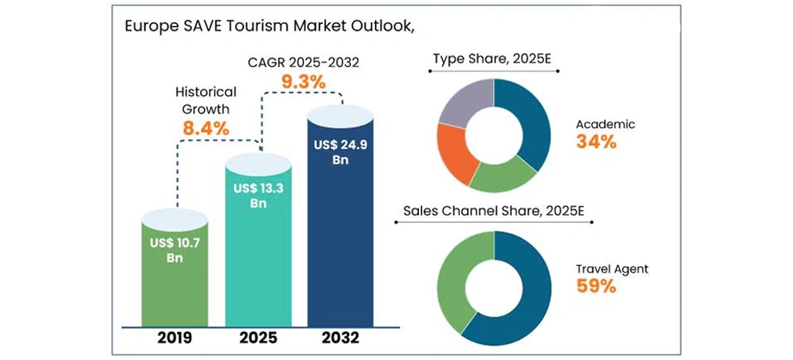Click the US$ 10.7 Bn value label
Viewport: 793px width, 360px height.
[175, 251]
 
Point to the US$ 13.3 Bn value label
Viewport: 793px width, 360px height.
[257, 195]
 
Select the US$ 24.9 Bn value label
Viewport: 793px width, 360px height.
[339, 152]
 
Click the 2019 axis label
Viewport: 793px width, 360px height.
[175, 338]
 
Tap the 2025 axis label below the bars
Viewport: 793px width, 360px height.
[257, 338]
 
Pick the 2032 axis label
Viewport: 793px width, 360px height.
[339, 338]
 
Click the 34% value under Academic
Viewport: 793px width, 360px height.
[596, 142]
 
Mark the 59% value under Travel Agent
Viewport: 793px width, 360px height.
[596, 287]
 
